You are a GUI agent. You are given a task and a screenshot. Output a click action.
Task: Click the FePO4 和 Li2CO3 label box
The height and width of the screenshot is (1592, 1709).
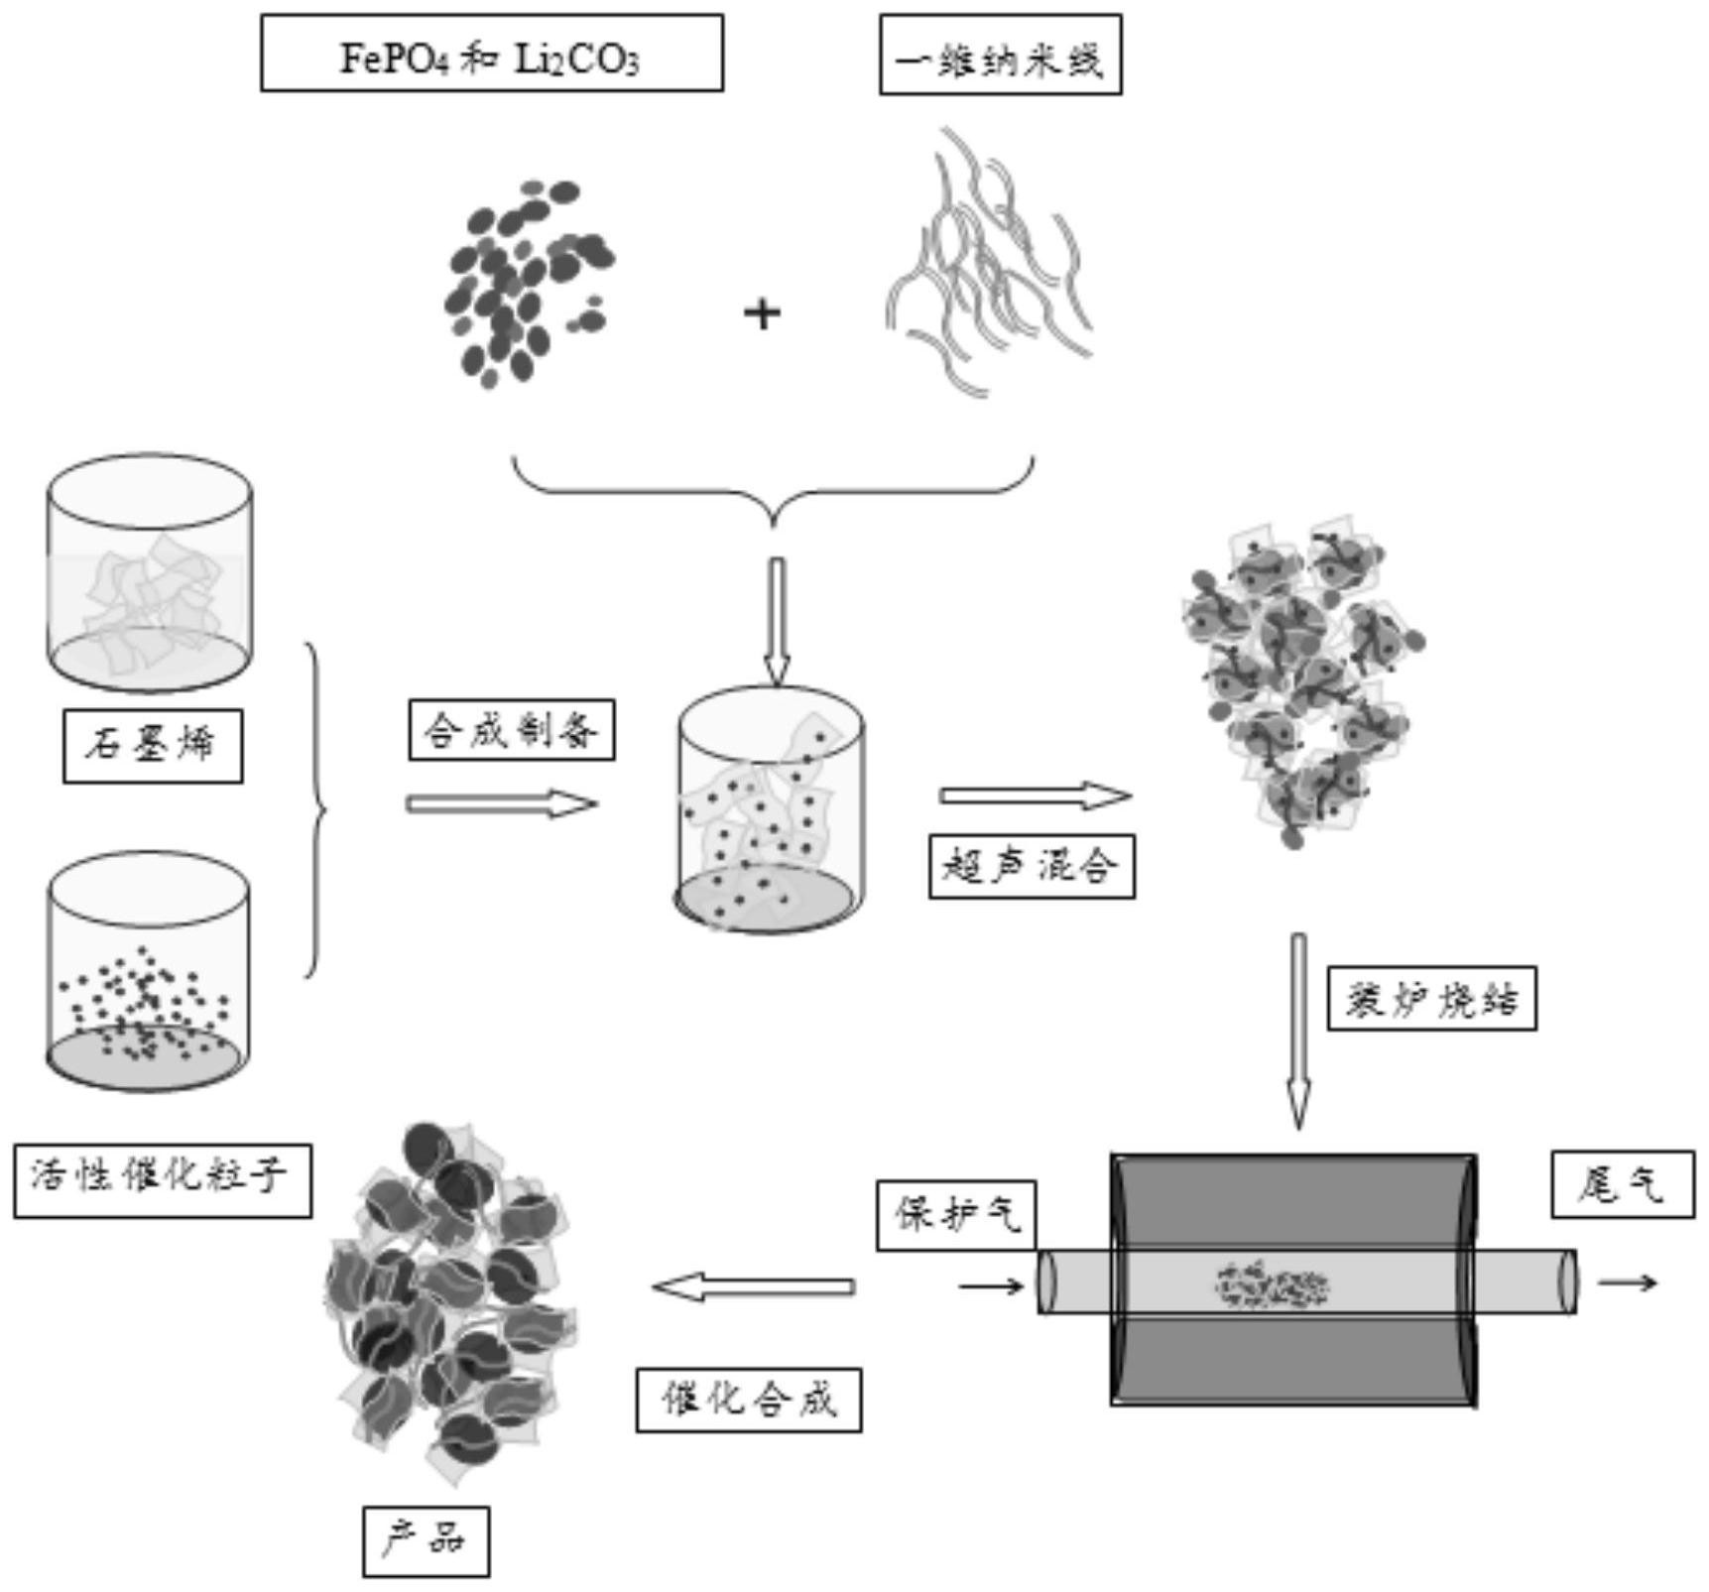pyautogui.click(x=492, y=54)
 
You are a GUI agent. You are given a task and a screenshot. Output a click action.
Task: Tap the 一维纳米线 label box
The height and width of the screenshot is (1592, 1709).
pyautogui.click(x=1000, y=56)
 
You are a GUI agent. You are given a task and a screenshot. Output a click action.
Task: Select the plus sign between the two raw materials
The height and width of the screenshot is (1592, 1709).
pyautogui.click(x=762, y=314)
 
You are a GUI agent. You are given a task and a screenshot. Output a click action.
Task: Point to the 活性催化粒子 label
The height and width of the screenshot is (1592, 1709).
pyautogui.click(x=162, y=1180)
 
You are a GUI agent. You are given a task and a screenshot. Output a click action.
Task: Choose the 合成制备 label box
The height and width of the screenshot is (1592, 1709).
pyautogui.click(x=512, y=730)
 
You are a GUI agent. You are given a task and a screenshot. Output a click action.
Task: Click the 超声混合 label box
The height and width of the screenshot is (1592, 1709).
pyautogui.click(x=1031, y=867)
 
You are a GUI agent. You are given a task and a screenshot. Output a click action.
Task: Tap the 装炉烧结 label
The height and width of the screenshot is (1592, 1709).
pyautogui.click(x=1431, y=998)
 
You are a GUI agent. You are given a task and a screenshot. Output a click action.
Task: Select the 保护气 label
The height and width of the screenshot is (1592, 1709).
pyautogui.click(x=956, y=1214)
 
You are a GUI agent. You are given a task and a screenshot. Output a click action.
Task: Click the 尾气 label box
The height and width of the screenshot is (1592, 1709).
pyautogui.click(x=1623, y=1183)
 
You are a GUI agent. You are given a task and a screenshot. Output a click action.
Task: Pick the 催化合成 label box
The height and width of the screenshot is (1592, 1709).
pyautogui.click(x=749, y=1400)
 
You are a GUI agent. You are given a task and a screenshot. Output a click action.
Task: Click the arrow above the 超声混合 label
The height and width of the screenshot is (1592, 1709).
pyautogui.click(x=1035, y=796)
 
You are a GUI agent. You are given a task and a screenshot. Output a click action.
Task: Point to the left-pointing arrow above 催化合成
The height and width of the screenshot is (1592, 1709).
pyautogui.click(x=754, y=1286)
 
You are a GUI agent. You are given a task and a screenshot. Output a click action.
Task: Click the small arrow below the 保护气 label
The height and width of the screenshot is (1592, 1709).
pyautogui.click(x=991, y=1286)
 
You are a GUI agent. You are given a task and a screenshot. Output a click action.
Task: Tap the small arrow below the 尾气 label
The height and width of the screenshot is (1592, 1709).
pyautogui.click(x=1628, y=1283)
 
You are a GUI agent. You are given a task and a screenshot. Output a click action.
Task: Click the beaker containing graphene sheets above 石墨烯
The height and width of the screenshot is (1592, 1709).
pyautogui.click(x=150, y=572)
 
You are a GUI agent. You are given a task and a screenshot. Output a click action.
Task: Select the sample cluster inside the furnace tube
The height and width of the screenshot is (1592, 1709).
pyautogui.click(x=1272, y=1286)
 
